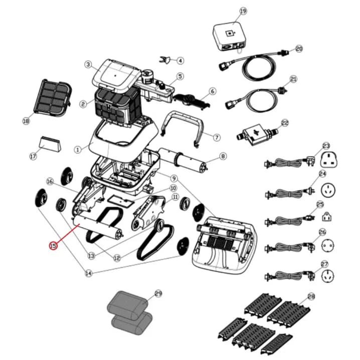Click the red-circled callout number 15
click(53, 246)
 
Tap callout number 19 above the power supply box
click(243, 11)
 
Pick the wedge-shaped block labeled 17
click(50, 144)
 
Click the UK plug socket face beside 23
click(329, 160)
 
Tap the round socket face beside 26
click(328, 246)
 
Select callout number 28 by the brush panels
click(311, 297)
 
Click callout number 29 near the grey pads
click(158, 293)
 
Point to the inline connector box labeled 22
click(257, 134)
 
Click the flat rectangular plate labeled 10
click(120, 201)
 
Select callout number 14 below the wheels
click(88, 273)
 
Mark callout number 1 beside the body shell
click(78, 150)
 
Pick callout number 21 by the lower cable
click(293, 79)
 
